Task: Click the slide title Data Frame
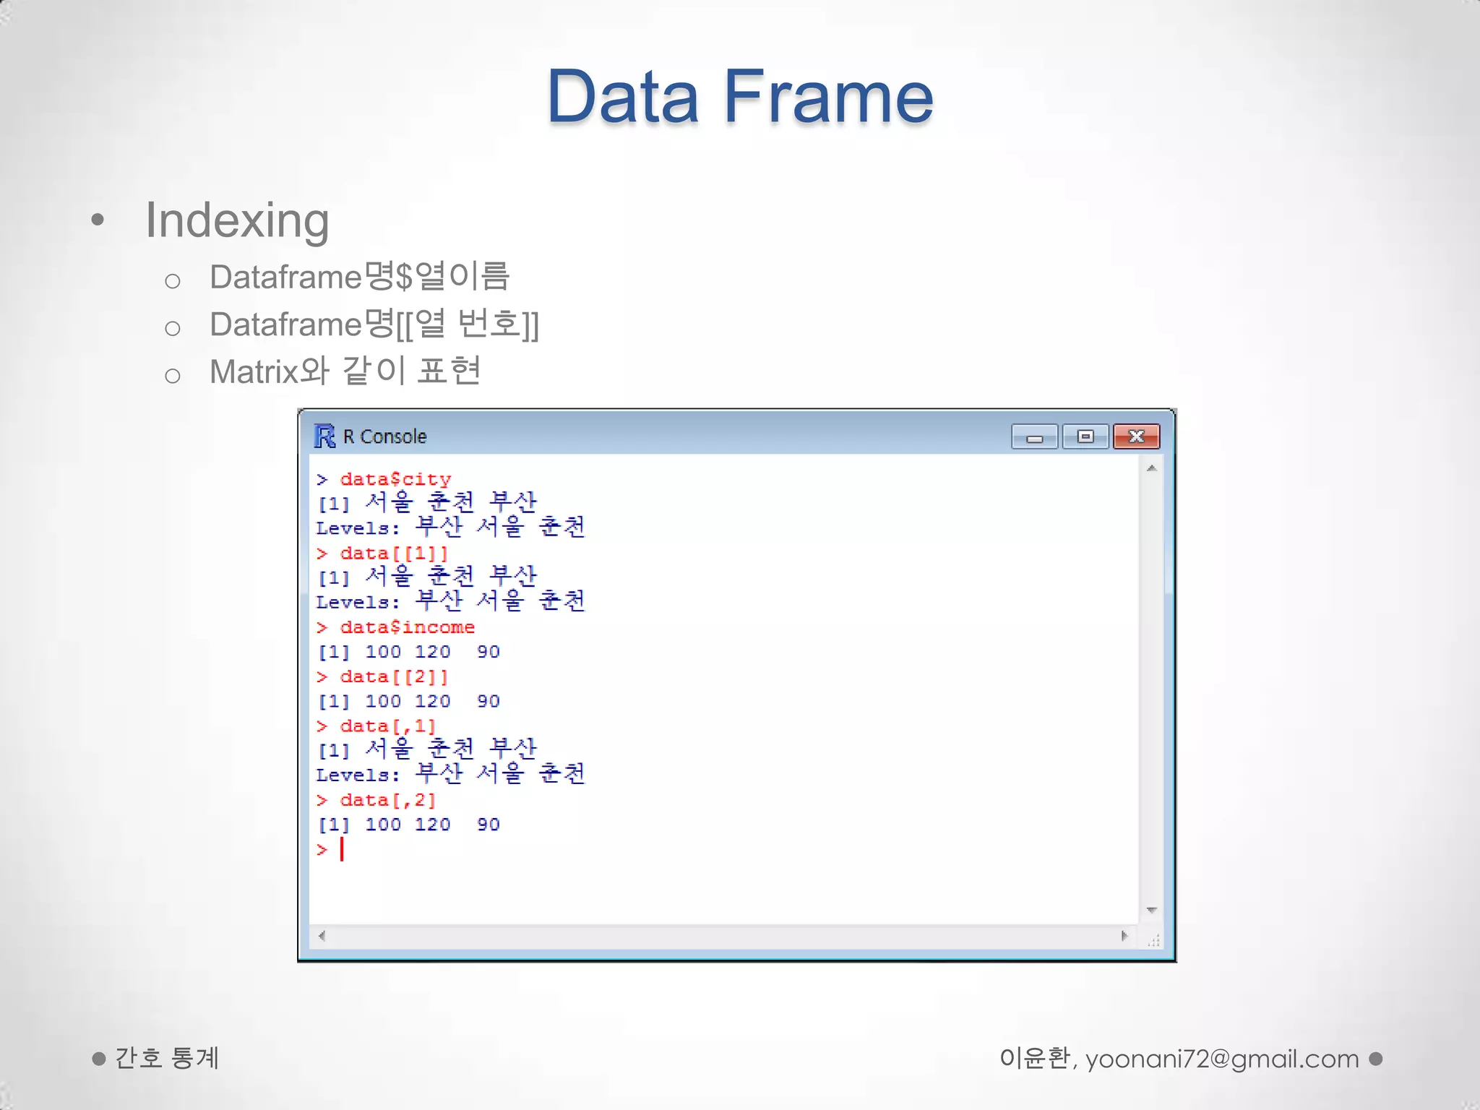(739, 96)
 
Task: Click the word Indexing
(237, 220)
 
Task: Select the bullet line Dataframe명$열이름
(359, 277)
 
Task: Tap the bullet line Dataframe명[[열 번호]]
(374, 324)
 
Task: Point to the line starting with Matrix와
(345, 372)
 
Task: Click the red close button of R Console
(1136, 436)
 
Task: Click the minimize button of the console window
(1034, 436)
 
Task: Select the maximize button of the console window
(1085, 436)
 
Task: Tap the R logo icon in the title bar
(324, 436)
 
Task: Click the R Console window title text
(384, 436)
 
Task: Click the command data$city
(395, 479)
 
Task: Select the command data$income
(407, 627)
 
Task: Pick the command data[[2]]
(394, 677)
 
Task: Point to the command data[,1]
(388, 726)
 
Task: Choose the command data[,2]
(388, 801)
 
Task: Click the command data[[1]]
(394, 554)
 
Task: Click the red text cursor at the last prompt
(342, 849)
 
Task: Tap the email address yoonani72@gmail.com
(1222, 1059)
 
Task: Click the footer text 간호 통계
(167, 1059)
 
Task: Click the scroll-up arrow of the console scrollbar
(1152, 468)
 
